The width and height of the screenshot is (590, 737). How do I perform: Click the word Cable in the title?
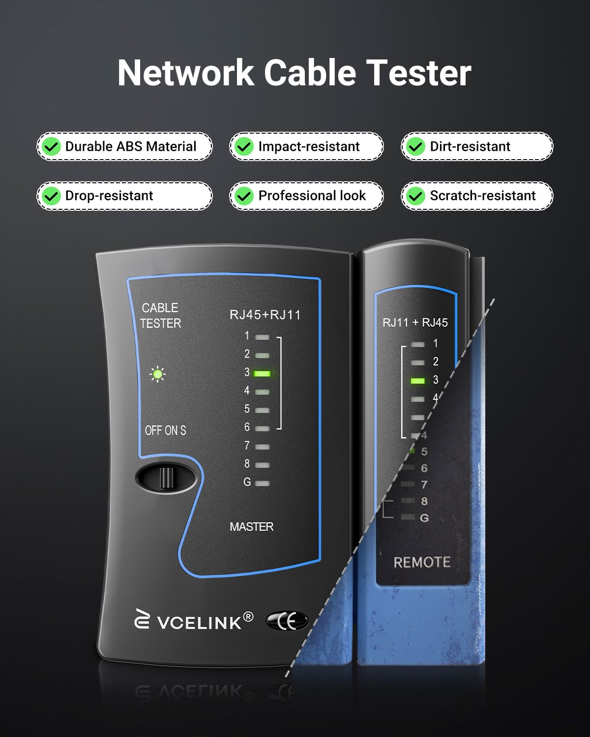click(x=310, y=73)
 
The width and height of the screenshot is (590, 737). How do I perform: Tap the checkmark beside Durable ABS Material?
click(x=52, y=146)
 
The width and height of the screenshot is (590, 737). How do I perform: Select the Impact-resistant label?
click(x=309, y=146)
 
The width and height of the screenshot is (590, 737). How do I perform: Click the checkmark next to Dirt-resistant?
click(x=415, y=146)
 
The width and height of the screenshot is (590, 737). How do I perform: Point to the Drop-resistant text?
click(x=109, y=196)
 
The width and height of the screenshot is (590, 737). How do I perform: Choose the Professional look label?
click(x=312, y=196)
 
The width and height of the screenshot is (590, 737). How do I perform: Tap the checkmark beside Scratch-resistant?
click(x=415, y=196)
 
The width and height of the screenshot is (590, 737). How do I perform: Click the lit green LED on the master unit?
click(x=262, y=373)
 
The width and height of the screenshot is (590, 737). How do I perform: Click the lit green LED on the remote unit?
click(x=417, y=381)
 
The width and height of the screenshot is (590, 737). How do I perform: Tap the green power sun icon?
click(x=158, y=374)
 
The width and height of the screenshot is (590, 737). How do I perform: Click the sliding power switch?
click(x=167, y=478)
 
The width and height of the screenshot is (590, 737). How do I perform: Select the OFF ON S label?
click(x=165, y=430)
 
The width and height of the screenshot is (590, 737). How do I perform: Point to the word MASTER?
click(x=252, y=527)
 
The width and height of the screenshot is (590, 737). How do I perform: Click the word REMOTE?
click(x=422, y=563)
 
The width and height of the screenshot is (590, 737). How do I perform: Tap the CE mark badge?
click(x=287, y=621)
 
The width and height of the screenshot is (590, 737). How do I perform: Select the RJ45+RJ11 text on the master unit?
click(x=265, y=315)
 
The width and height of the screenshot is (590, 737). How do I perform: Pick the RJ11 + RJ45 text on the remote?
click(x=415, y=323)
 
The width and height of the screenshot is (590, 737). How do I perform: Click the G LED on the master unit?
click(x=262, y=483)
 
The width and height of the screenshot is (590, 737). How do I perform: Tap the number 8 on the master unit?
click(x=247, y=464)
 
